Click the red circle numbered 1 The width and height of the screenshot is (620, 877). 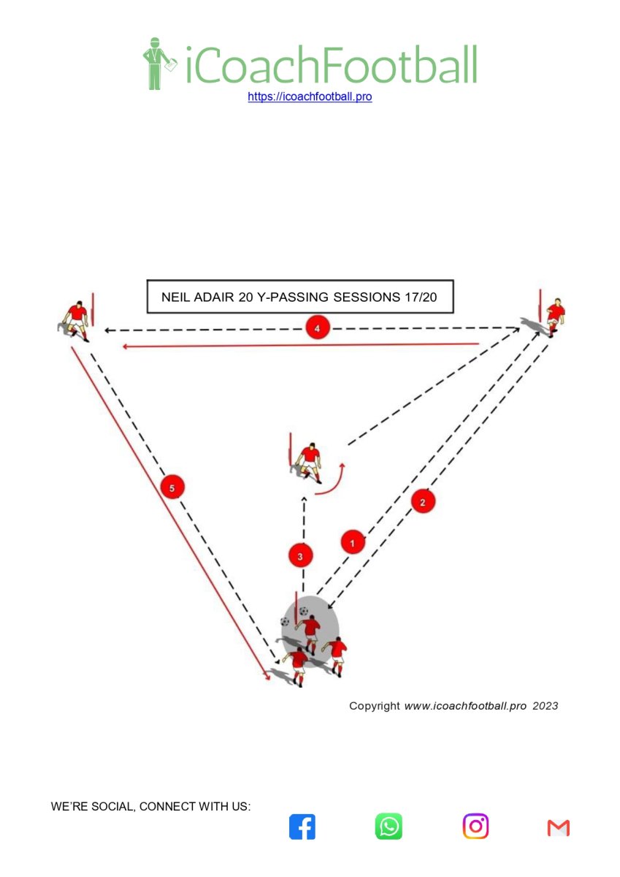[x=353, y=542]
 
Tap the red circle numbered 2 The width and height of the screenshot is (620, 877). [x=422, y=502]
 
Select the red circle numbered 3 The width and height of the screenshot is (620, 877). [x=300, y=556]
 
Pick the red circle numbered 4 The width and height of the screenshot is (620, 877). [x=317, y=328]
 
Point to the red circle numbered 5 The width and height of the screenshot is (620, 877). [x=172, y=488]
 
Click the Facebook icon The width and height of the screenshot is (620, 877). [x=302, y=827]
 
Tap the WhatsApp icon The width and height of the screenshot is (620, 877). [x=389, y=826]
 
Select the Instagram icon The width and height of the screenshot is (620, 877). [x=475, y=826]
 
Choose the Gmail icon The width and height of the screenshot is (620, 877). [x=558, y=827]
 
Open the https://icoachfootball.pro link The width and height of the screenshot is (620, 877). [x=310, y=96]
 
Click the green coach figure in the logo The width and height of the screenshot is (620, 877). [x=158, y=64]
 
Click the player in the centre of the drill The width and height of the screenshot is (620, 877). [x=309, y=463]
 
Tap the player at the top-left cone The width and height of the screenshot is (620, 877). [x=75, y=321]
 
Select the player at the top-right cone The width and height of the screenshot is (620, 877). [x=554, y=317]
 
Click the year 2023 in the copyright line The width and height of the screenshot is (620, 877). [x=546, y=706]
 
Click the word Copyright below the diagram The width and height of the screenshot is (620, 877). [x=375, y=706]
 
